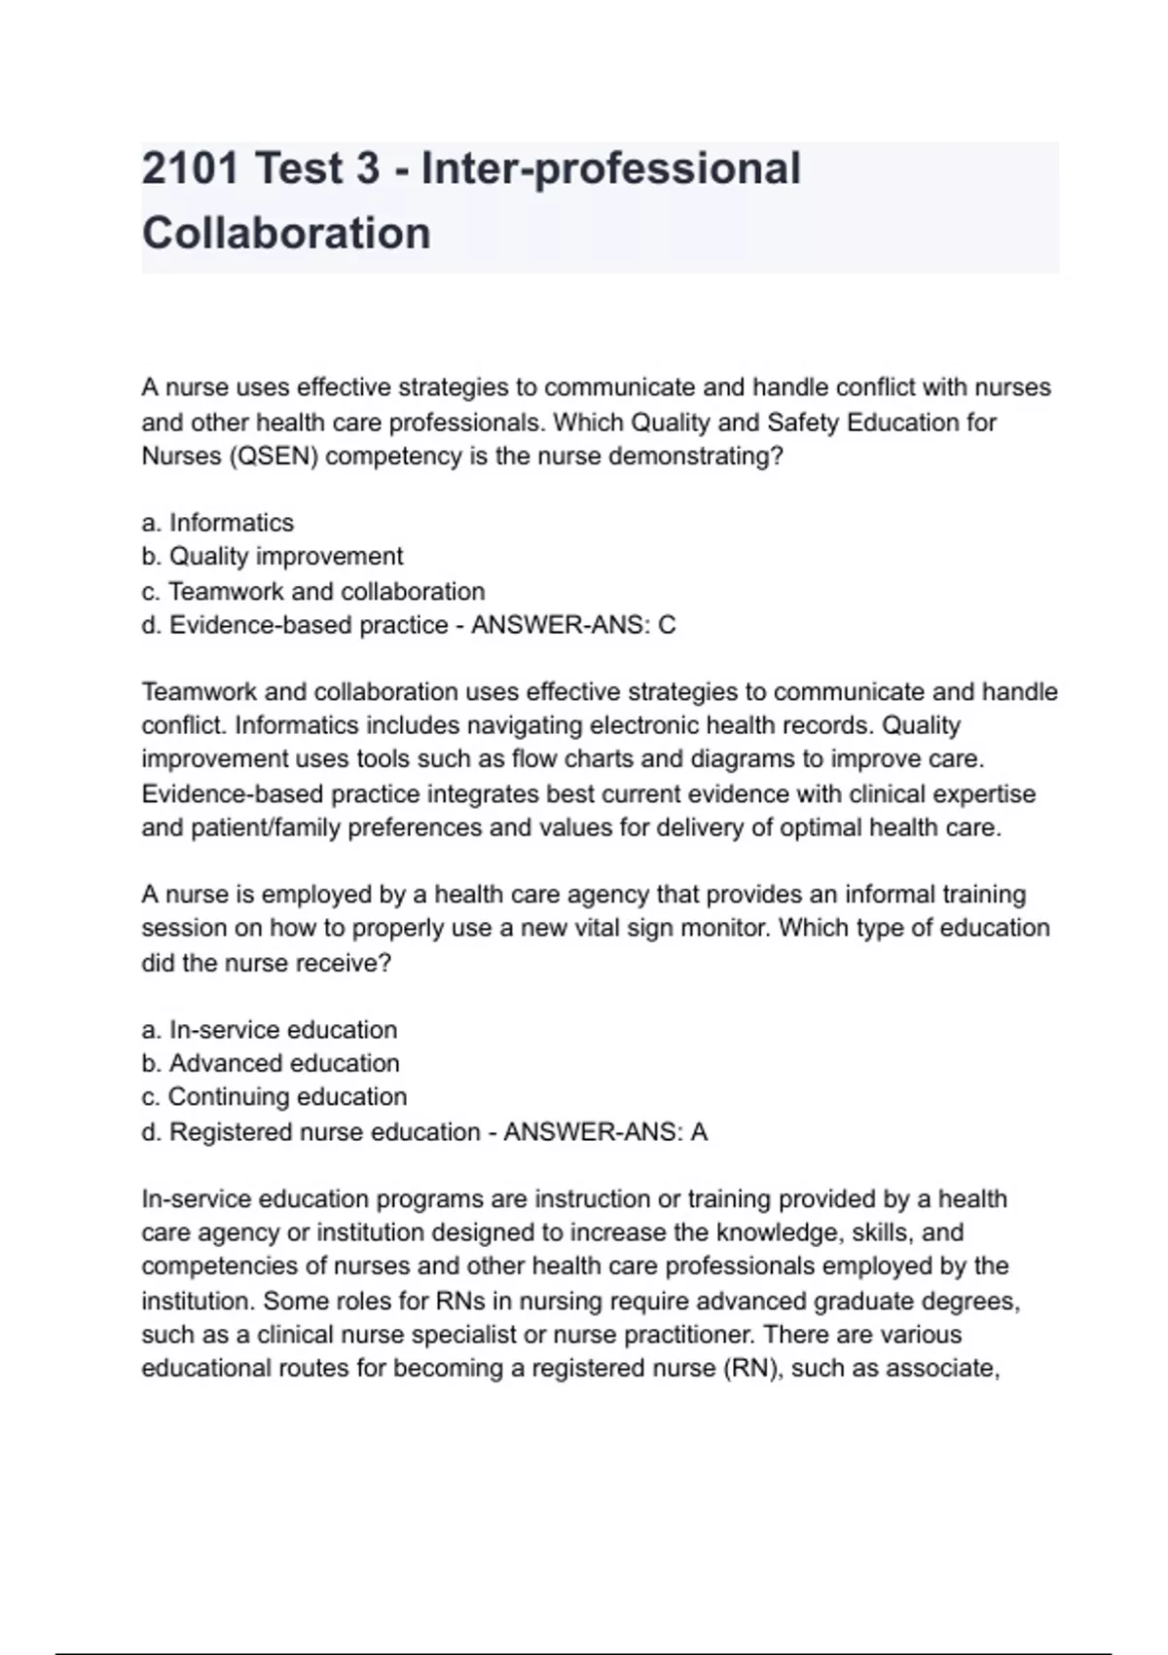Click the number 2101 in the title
[x=190, y=168]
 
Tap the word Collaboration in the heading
[x=286, y=234]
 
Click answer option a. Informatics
[x=217, y=523]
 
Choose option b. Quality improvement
[x=272, y=557]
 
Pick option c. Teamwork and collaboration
[x=312, y=591]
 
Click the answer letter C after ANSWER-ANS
[x=667, y=625]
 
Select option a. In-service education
[x=269, y=1030]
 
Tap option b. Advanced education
[x=270, y=1063]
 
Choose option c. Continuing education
[x=274, y=1097]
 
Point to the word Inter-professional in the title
[x=611, y=168]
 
